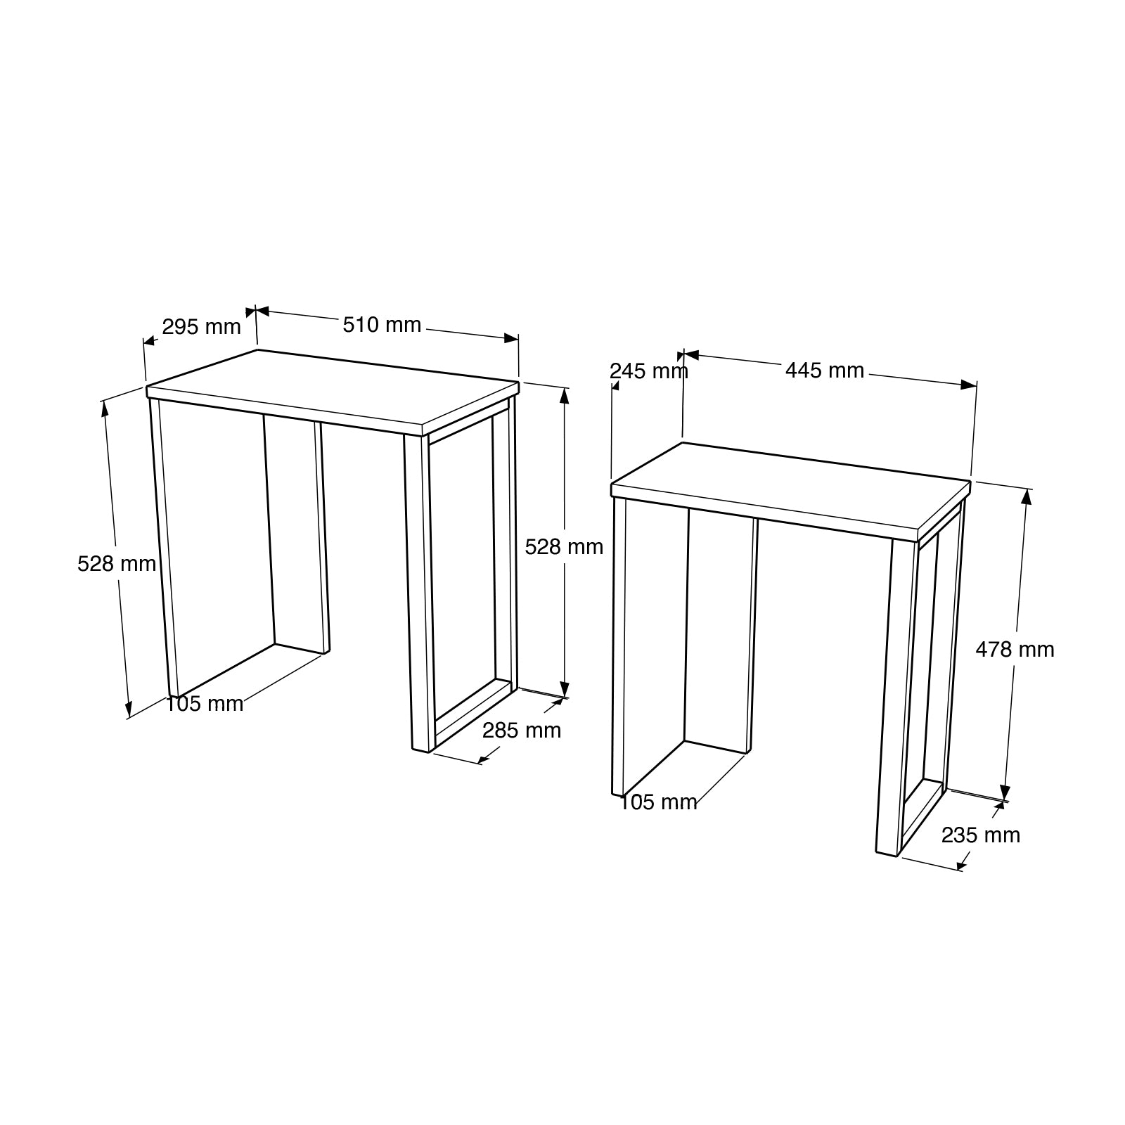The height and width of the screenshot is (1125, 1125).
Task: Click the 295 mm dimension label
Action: point(201,327)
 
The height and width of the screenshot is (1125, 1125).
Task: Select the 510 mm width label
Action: point(382,325)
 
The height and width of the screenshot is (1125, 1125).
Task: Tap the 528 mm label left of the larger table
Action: point(117,563)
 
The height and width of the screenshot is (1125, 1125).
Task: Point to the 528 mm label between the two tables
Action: point(564,546)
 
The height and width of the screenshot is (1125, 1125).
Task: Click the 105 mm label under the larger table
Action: point(205,703)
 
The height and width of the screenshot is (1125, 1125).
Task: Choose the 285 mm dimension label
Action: point(522,731)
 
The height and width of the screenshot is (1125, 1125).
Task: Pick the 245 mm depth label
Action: point(648,371)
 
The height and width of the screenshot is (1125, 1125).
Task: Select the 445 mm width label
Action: point(825,370)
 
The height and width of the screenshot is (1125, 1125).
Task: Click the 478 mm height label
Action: point(1015,649)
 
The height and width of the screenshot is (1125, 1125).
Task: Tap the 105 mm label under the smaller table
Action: point(658,802)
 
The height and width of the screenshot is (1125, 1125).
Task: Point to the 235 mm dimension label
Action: point(980,835)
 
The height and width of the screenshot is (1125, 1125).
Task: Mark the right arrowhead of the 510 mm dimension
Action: point(512,339)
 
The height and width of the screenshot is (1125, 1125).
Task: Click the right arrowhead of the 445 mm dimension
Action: point(970,385)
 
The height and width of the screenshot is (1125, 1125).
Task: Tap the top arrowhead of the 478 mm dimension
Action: point(1026,496)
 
